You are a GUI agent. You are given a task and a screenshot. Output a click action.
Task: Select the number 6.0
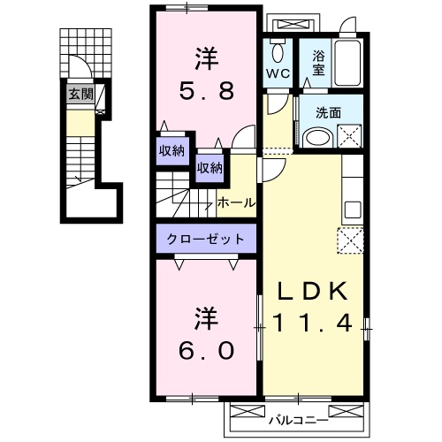(209, 349)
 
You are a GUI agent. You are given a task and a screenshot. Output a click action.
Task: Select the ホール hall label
(236, 202)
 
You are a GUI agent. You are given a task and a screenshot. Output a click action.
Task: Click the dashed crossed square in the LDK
(350, 240)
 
